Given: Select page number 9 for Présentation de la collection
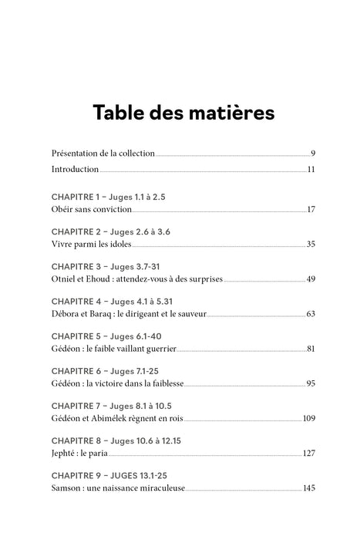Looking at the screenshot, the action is [x=313, y=153].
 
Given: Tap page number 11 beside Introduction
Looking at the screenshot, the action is [x=311, y=169].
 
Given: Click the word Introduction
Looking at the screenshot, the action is [x=75, y=169].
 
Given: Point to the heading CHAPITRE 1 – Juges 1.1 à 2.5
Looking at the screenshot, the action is [x=108, y=197].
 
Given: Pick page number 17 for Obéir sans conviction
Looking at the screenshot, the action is [x=311, y=210].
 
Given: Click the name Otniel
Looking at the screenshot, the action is [x=65, y=278].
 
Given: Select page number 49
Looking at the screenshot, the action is [x=311, y=278].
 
